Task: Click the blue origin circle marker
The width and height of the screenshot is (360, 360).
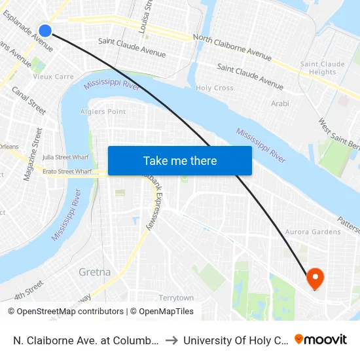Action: pos(45,30)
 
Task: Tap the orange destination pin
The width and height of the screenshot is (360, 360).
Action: pos(315,278)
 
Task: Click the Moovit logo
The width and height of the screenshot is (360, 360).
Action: pos(321,340)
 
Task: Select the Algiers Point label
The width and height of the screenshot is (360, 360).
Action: pos(103,112)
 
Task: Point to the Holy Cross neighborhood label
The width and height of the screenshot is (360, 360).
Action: pos(215,88)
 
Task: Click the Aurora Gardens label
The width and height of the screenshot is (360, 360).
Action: pos(313,232)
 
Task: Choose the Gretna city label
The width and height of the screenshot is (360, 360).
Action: pos(94,272)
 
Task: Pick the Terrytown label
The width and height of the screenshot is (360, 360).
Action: pos(176,298)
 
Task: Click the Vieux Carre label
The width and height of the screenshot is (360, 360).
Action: pos(54,77)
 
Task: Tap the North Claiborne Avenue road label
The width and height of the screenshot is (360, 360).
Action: pos(232,48)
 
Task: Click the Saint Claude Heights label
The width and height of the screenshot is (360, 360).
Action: pos(322,68)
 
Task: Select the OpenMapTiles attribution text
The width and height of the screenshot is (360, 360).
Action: pos(162,312)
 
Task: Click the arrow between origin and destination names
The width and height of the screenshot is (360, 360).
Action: pos(170,340)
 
